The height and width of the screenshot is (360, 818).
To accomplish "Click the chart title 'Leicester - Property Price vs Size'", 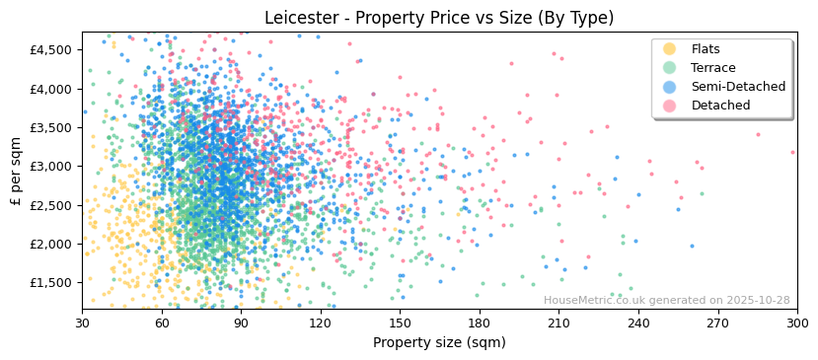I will (x=439, y=18).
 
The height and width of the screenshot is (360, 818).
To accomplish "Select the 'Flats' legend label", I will (x=706, y=49).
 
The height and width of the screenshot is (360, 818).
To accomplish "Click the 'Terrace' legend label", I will (x=713, y=68).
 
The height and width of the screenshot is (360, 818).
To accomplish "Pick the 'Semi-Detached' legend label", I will (x=738, y=87).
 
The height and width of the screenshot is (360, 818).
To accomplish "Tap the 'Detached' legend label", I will (x=720, y=106).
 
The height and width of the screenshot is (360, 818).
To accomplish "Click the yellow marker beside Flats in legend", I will (x=670, y=49).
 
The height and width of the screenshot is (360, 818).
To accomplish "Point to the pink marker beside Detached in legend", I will (x=670, y=106).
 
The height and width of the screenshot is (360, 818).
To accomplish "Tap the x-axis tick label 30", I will (x=82, y=324).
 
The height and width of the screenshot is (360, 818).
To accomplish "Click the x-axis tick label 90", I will (x=241, y=324).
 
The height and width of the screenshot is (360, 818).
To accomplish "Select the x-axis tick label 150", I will (x=400, y=324).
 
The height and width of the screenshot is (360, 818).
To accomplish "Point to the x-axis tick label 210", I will (x=558, y=324).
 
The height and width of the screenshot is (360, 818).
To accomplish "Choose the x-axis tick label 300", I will (x=796, y=324).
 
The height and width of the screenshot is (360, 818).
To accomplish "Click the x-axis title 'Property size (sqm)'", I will (x=439, y=343).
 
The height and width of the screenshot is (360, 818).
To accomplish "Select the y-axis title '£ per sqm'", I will (x=16, y=172).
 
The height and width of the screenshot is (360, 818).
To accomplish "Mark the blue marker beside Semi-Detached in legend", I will (x=670, y=87).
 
